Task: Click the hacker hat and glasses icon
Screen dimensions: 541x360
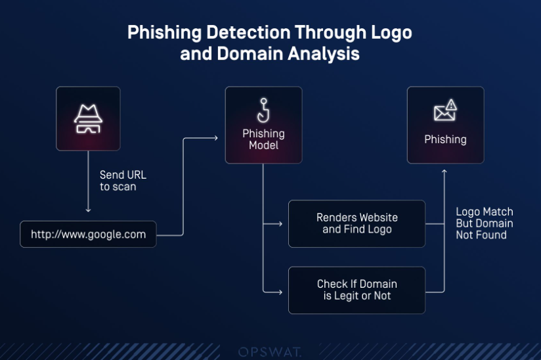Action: click(x=88, y=119)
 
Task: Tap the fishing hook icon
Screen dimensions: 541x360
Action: click(x=263, y=110)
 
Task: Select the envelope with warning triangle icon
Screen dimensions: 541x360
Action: click(x=445, y=110)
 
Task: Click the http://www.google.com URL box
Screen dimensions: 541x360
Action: click(x=88, y=235)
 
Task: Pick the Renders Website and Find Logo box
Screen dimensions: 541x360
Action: click(x=357, y=223)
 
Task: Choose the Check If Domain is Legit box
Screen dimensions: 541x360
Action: click(x=357, y=290)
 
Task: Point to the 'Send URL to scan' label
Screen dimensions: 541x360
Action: click(x=123, y=181)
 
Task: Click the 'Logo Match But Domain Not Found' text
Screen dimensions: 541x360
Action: click(x=485, y=223)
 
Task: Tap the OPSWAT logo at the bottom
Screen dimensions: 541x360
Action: click(x=270, y=352)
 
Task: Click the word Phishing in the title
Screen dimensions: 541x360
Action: click(x=165, y=33)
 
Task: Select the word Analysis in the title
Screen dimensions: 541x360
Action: click(x=324, y=54)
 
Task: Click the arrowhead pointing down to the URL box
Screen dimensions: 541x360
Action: click(x=88, y=210)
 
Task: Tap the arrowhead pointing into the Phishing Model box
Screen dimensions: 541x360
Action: click(x=216, y=138)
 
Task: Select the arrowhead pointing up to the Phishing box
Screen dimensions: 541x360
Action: click(x=444, y=171)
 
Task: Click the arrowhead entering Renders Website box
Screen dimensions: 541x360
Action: click(x=280, y=224)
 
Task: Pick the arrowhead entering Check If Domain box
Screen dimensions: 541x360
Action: click(x=280, y=292)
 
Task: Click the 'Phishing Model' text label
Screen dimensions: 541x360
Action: click(x=263, y=139)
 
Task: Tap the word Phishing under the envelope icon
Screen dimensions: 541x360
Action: click(x=445, y=139)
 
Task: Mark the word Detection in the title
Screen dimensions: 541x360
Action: click(x=248, y=32)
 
